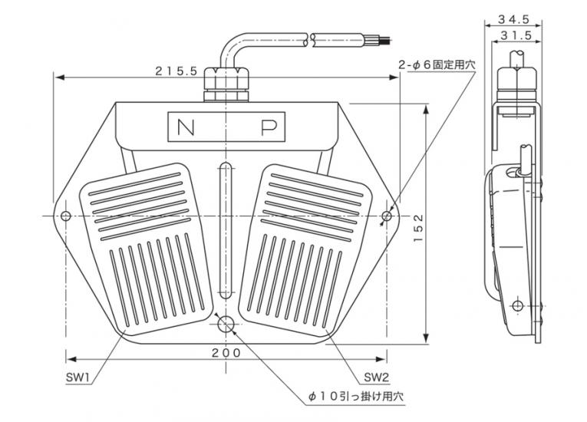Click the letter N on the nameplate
(186, 127)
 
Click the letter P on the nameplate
(269, 127)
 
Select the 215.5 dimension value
(176, 71)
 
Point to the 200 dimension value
(226, 352)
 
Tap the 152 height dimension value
(418, 228)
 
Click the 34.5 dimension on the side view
(513, 19)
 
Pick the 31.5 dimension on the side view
(516, 35)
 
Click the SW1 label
(77, 377)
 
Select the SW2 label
(377, 377)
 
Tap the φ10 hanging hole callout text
(356, 396)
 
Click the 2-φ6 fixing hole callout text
(437, 64)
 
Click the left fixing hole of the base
(66, 216)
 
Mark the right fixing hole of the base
(387, 216)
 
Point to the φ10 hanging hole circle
(226, 324)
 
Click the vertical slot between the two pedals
(226, 230)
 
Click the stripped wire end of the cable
(378, 40)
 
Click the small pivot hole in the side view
(518, 305)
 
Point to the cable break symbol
(309, 40)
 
